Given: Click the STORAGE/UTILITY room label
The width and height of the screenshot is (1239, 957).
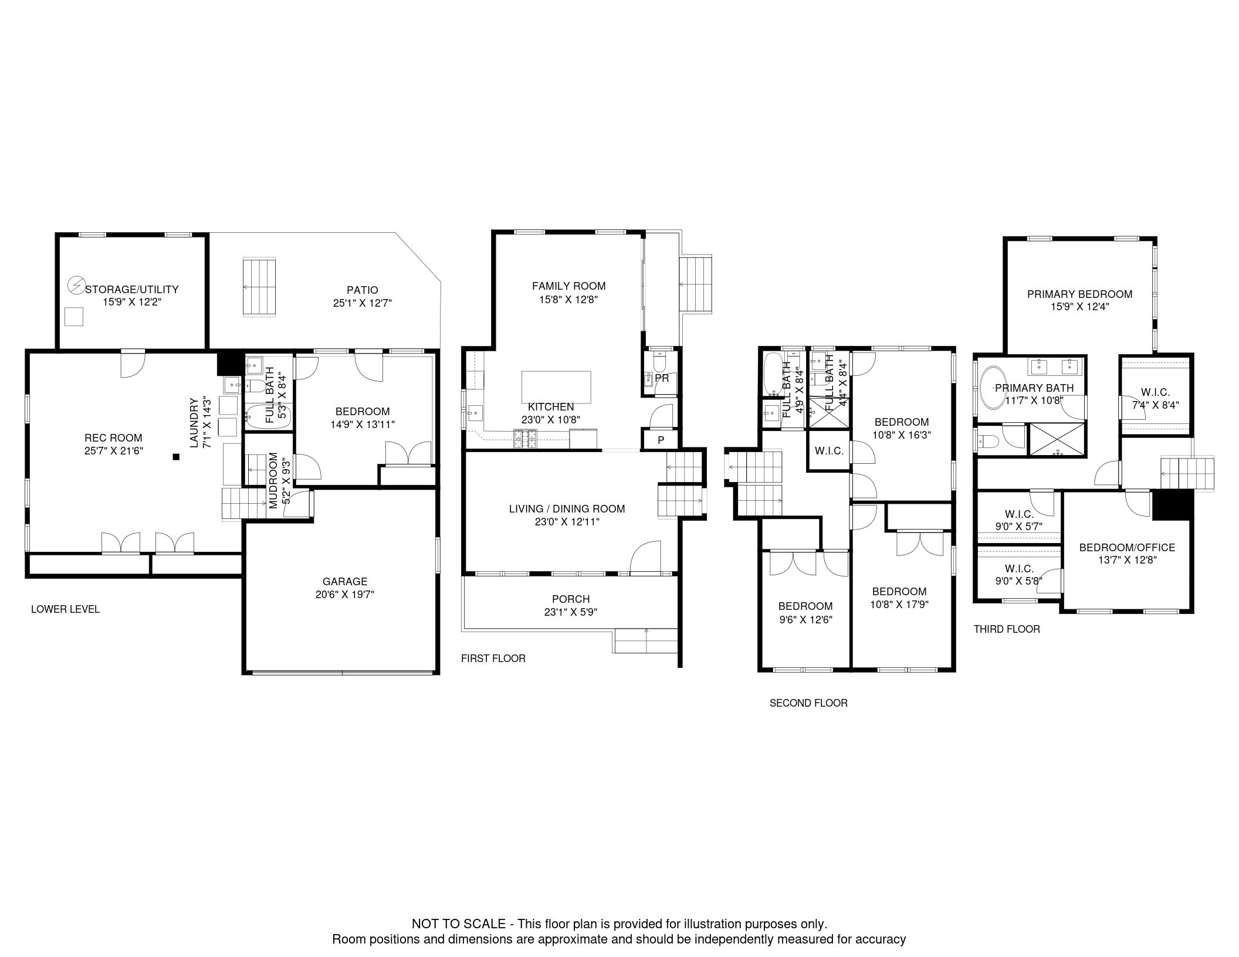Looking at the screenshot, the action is click(x=132, y=289).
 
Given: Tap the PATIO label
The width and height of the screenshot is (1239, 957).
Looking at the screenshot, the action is click(x=362, y=290).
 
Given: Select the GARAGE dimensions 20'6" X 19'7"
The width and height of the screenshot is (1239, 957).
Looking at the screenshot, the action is click(x=345, y=594).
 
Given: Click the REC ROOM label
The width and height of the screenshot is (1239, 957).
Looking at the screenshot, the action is click(x=113, y=437).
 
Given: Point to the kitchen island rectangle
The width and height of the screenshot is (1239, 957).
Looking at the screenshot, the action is click(x=556, y=386).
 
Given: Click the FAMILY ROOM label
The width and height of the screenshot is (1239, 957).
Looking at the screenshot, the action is click(x=568, y=286).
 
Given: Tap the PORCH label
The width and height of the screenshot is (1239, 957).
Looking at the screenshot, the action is click(x=571, y=599).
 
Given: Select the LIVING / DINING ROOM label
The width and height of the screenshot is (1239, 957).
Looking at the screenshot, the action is click(x=567, y=508).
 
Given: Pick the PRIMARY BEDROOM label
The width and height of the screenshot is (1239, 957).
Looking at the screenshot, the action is click(x=1079, y=294).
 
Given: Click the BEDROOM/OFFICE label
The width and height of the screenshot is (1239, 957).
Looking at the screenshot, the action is click(x=1127, y=547).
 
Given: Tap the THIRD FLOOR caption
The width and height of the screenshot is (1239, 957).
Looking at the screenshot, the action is click(x=1007, y=629).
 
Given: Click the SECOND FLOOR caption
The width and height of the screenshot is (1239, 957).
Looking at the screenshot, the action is click(x=808, y=703).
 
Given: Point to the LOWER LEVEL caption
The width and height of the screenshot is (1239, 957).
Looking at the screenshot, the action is click(x=65, y=609).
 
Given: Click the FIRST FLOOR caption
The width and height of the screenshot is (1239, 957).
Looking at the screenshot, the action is click(x=493, y=658).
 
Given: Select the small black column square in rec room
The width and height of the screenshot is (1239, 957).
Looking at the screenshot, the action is click(x=175, y=457).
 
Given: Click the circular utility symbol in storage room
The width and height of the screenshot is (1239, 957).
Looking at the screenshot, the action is click(x=76, y=286).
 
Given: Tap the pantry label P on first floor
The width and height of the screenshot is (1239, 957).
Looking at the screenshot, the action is click(x=661, y=440).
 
